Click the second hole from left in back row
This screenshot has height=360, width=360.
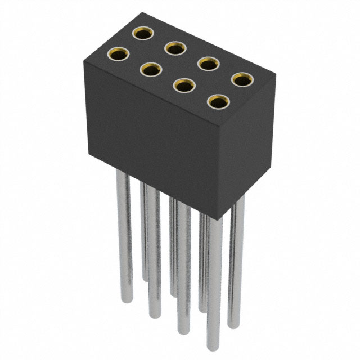(x=176, y=49)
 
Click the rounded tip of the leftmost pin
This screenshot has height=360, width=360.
(x=124, y=300)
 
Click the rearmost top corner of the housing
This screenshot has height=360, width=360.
(x=140, y=21)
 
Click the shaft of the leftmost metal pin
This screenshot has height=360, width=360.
(x=123, y=236)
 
